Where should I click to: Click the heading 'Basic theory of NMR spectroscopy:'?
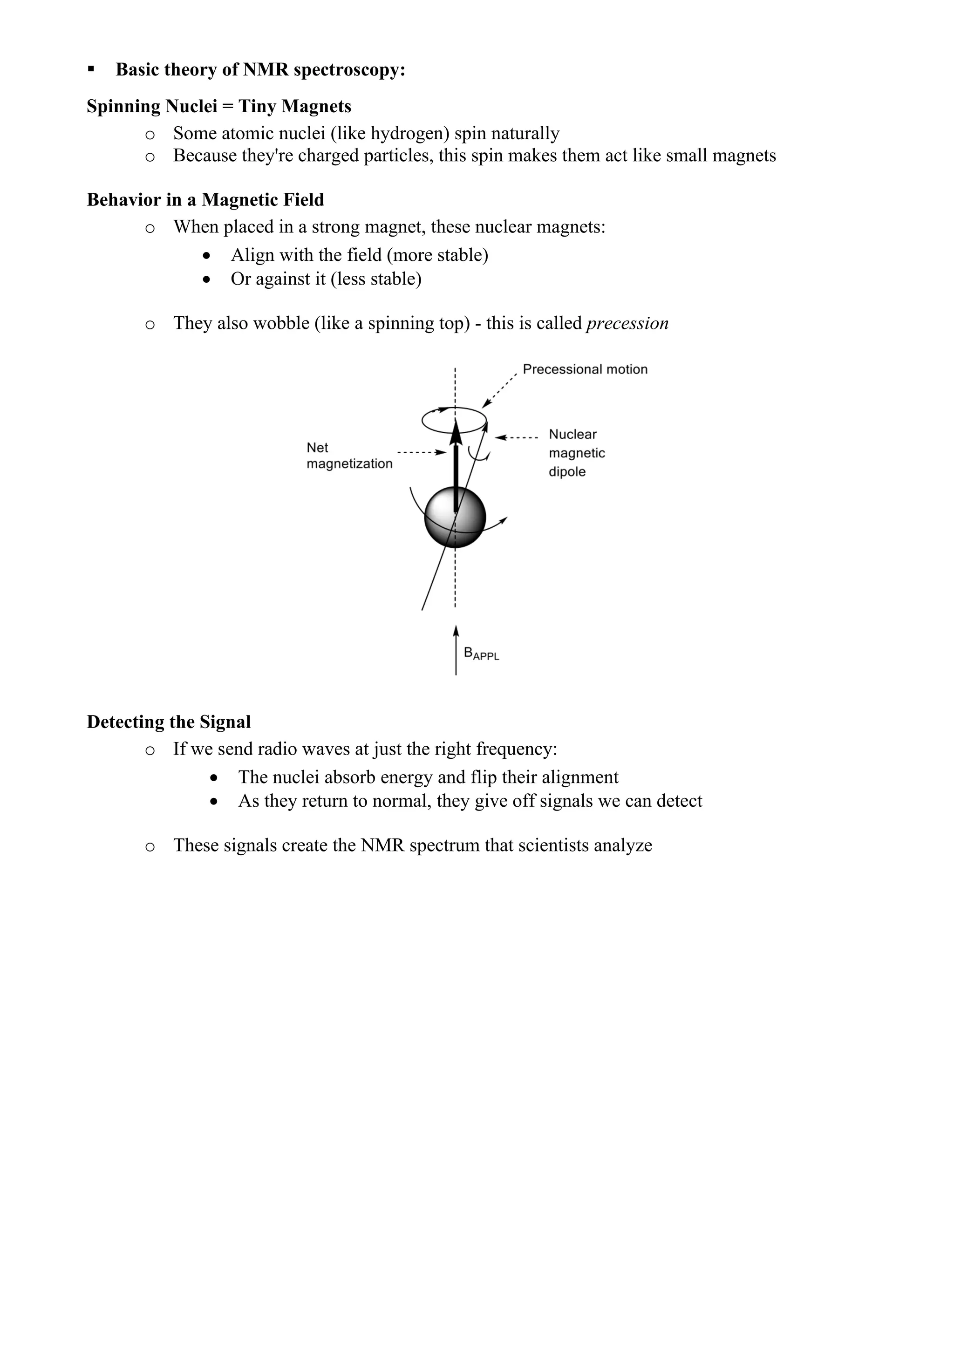point(260,69)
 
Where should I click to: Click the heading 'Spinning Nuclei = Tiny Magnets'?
point(218,106)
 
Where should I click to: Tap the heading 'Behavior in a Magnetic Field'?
point(205,200)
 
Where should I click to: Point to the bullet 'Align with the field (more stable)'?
point(359,255)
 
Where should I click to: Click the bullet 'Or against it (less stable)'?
point(326,279)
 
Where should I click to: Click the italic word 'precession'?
point(627,323)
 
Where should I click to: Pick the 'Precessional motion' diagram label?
point(585,369)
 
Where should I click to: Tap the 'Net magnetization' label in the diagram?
point(349,456)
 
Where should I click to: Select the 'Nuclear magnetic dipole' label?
point(576,453)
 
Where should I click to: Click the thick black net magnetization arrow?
point(456,470)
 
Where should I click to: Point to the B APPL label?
point(481,654)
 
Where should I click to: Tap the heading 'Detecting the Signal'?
point(169,722)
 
